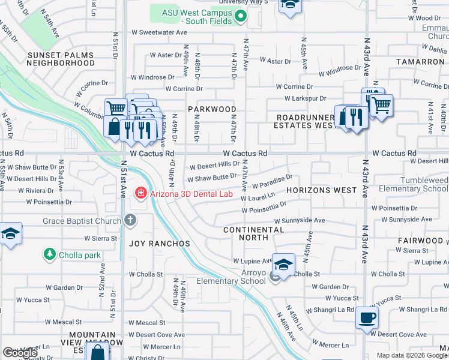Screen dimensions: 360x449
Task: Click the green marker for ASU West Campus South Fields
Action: point(241,17)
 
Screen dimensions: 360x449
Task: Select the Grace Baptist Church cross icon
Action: point(130,221)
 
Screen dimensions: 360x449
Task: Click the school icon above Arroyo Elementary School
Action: point(283,263)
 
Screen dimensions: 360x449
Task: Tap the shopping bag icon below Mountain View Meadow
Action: point(96,352)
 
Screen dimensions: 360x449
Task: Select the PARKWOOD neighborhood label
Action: point(212,109)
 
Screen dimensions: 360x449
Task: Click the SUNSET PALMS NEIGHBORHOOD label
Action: point(61,59)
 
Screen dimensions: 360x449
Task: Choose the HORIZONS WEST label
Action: point(321,190)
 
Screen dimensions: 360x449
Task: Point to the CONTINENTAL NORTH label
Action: point(253,233)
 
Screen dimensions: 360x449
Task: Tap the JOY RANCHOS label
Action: point(160,244)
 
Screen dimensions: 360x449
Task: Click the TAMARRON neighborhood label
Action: point(420,62)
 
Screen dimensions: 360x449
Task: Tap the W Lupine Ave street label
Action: point(252,262)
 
